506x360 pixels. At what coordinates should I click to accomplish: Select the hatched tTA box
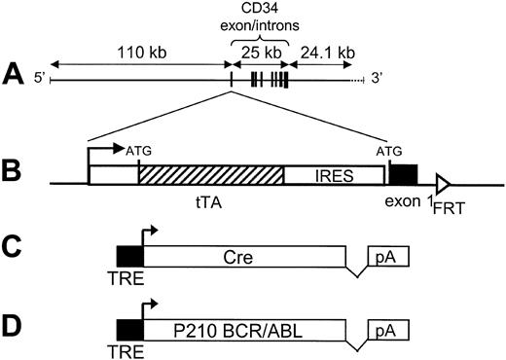click(x=211, y=175)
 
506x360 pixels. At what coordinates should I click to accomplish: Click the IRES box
click(x=335, y=175)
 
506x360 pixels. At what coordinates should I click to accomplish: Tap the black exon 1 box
click(x=403, y=175)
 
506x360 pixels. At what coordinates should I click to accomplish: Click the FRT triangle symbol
click(x=443, y=183)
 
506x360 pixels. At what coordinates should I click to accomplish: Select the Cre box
click(x=243, y=256)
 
